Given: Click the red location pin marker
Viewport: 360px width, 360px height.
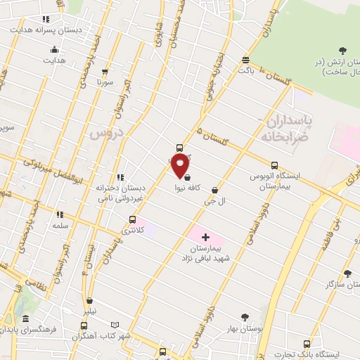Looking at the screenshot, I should [x=181, y=166].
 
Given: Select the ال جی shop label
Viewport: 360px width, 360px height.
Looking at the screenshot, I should [x=209, y=201].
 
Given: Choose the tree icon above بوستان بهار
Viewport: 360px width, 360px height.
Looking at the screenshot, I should [x=245, y=318].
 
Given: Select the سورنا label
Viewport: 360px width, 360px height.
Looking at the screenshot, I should [x=105, y=82].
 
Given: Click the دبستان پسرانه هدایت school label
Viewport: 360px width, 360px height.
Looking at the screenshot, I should [x=45, y=31].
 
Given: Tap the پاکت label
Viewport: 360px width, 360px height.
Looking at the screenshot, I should [x=245, y=70].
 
